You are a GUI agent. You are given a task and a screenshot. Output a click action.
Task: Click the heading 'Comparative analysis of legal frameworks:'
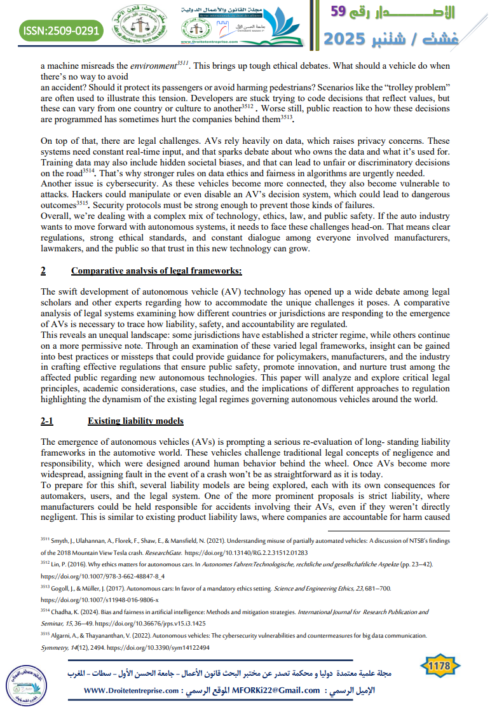tap(156, 271)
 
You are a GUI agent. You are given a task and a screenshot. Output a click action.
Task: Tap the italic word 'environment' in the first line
tap(151, 66)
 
